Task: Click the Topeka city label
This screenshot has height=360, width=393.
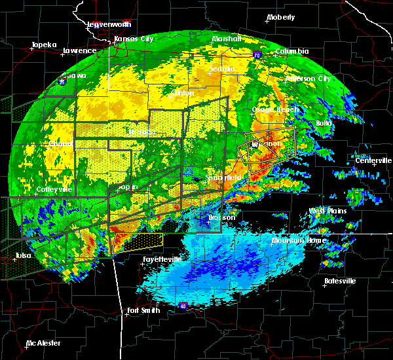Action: pyautogui.click(x=43, y=45)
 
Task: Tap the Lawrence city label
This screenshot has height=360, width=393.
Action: pyautogui.click(x=79, y=50)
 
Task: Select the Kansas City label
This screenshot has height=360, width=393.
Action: pyautogui.click(x=134, y=39)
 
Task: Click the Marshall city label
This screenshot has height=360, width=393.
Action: pyautogui.click(x=227, y=39)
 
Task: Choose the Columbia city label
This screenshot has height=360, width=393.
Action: pyautogui.click(x=291, y=51)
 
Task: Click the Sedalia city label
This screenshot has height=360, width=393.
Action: pyautogui.click(x=222, y=69)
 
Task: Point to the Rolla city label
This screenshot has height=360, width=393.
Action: pyautogui.click(x=325, y=123)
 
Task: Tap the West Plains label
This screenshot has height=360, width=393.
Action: pyautogui.click(x=327, y=211)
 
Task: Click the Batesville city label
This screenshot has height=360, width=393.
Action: pyautogui.click(x=339, y=281)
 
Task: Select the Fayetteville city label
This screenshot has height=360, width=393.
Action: pyautogui.click(x=162, y=259)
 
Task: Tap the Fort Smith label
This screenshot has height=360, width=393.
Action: pyautogui.click(x=143, y=310)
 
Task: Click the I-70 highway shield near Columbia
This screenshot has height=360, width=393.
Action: pyautogui.click(x=257, y=56)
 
